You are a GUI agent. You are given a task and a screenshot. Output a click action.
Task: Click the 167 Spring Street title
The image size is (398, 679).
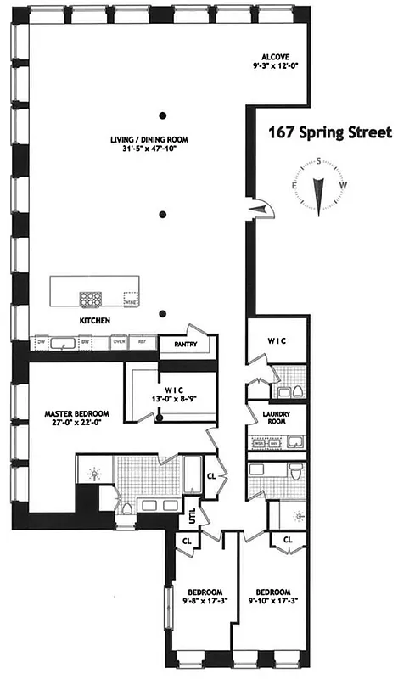tap(329, 132)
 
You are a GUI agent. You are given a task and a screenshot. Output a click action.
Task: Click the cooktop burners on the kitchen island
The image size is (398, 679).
tap(91, 299)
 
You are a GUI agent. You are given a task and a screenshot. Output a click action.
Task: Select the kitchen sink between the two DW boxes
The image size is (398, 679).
tap(61, 343)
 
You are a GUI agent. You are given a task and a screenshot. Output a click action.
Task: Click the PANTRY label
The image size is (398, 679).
tap(177, 345)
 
